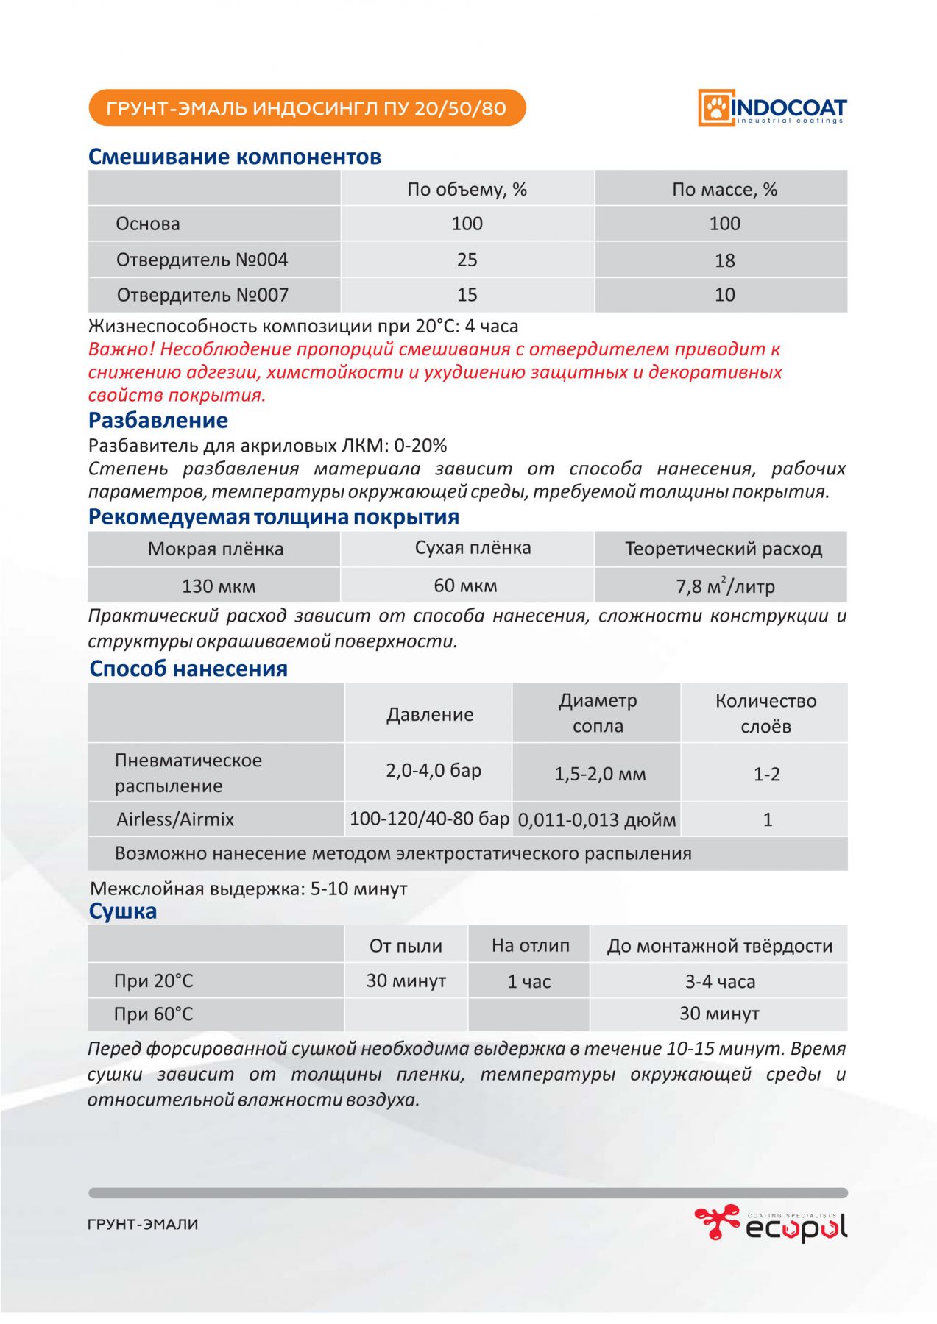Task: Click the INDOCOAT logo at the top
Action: coord(772,108)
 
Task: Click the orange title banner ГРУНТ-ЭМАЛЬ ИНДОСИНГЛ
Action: coord(306,108)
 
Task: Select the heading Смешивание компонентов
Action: coord(234,157)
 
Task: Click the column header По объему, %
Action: coord(467,189)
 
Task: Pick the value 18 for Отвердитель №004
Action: coord(724,260)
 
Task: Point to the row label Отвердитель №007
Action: coord(202,295)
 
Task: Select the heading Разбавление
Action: coord(158,420)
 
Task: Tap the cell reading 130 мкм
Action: coord(218,586)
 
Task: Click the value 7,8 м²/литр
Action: coord(724,586)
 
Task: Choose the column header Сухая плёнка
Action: coord(473,548)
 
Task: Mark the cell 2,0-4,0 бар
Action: coord(433,770)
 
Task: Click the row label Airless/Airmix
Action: coord(175,819)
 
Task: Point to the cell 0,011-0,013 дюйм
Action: coord(596,820)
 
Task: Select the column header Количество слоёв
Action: coord(765,713)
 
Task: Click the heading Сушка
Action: coord(122,911)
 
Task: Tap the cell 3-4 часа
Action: coord(719,981)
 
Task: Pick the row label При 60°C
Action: coord(153,1014)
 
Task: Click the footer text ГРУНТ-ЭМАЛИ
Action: coord(143,1225)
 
